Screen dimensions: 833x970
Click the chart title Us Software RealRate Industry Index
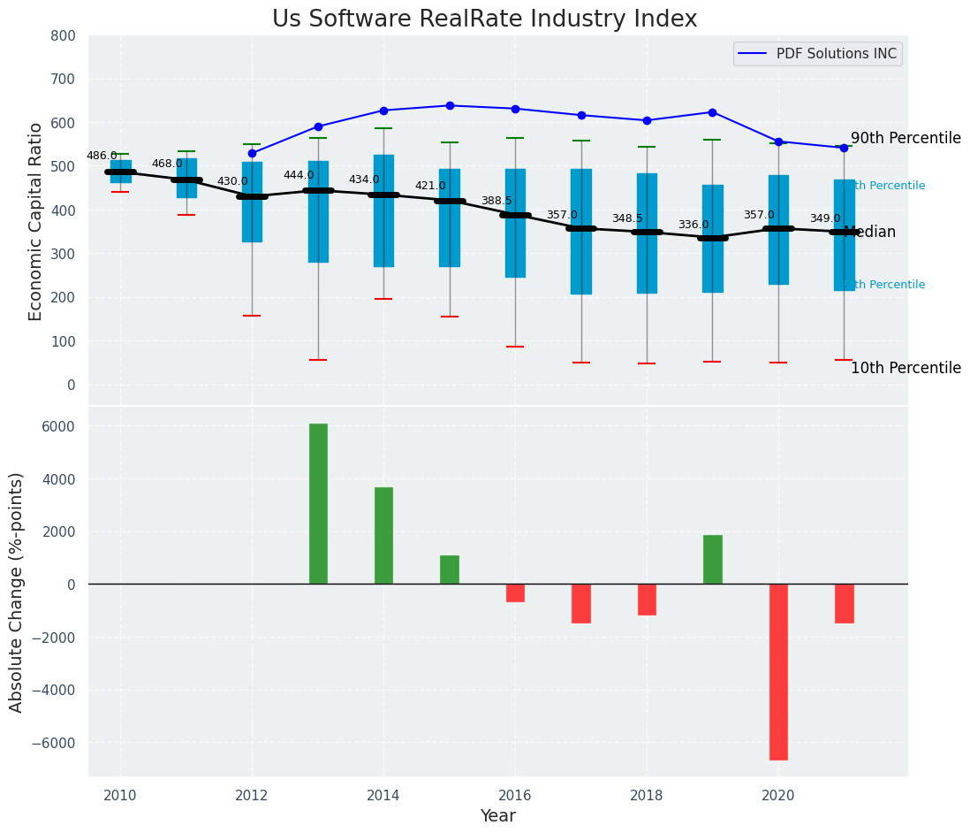[x=484, y=19]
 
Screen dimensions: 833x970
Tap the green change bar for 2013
[x=318, y=504]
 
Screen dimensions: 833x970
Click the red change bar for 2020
[x=778, y=672]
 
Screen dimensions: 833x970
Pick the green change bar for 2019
[x=713, y=560]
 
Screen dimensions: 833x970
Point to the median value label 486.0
[x=102, y=156]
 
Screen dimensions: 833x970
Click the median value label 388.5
[x=496, y=202]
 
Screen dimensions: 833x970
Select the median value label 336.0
[x=693, y=225]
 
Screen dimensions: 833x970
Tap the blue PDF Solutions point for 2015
[x=450, y=105]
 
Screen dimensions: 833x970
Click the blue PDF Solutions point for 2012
[x=252, y=153]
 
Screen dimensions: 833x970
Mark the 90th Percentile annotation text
[x=906, y=138]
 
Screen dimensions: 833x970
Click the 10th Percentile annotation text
[x=906, y=368]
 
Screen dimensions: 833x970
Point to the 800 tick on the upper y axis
[x=69, y=35]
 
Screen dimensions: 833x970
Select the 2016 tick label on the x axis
[x=515, y=795]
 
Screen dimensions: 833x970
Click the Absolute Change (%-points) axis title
[x=17, y=592]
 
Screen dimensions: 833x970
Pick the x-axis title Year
[x=497, y=816]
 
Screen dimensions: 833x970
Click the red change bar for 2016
[x=515, y=593]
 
